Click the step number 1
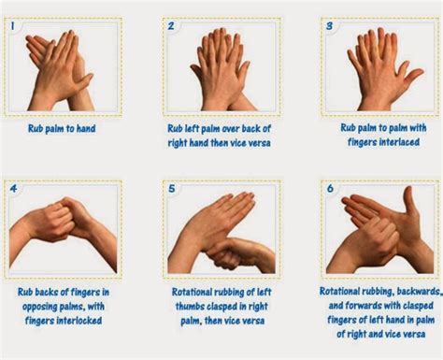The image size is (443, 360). [x=12, y=26]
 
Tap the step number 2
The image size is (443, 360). [x=171, y=26]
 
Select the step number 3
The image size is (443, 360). [x=329, y=26]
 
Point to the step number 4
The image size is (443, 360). [x=13, y=189]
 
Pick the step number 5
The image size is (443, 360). [x=172, y=189]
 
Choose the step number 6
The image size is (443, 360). [x=330, y=188]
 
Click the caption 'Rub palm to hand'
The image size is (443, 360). [x=62, y=128]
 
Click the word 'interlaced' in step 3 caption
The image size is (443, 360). [x=399, y=142]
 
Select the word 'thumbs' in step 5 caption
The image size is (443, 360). [x=190, y=307]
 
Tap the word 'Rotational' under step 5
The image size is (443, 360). [x=192, y=292]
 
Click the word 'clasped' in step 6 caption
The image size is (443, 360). [x=419, y=306]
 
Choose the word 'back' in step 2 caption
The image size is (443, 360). [x=251, y=128]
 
